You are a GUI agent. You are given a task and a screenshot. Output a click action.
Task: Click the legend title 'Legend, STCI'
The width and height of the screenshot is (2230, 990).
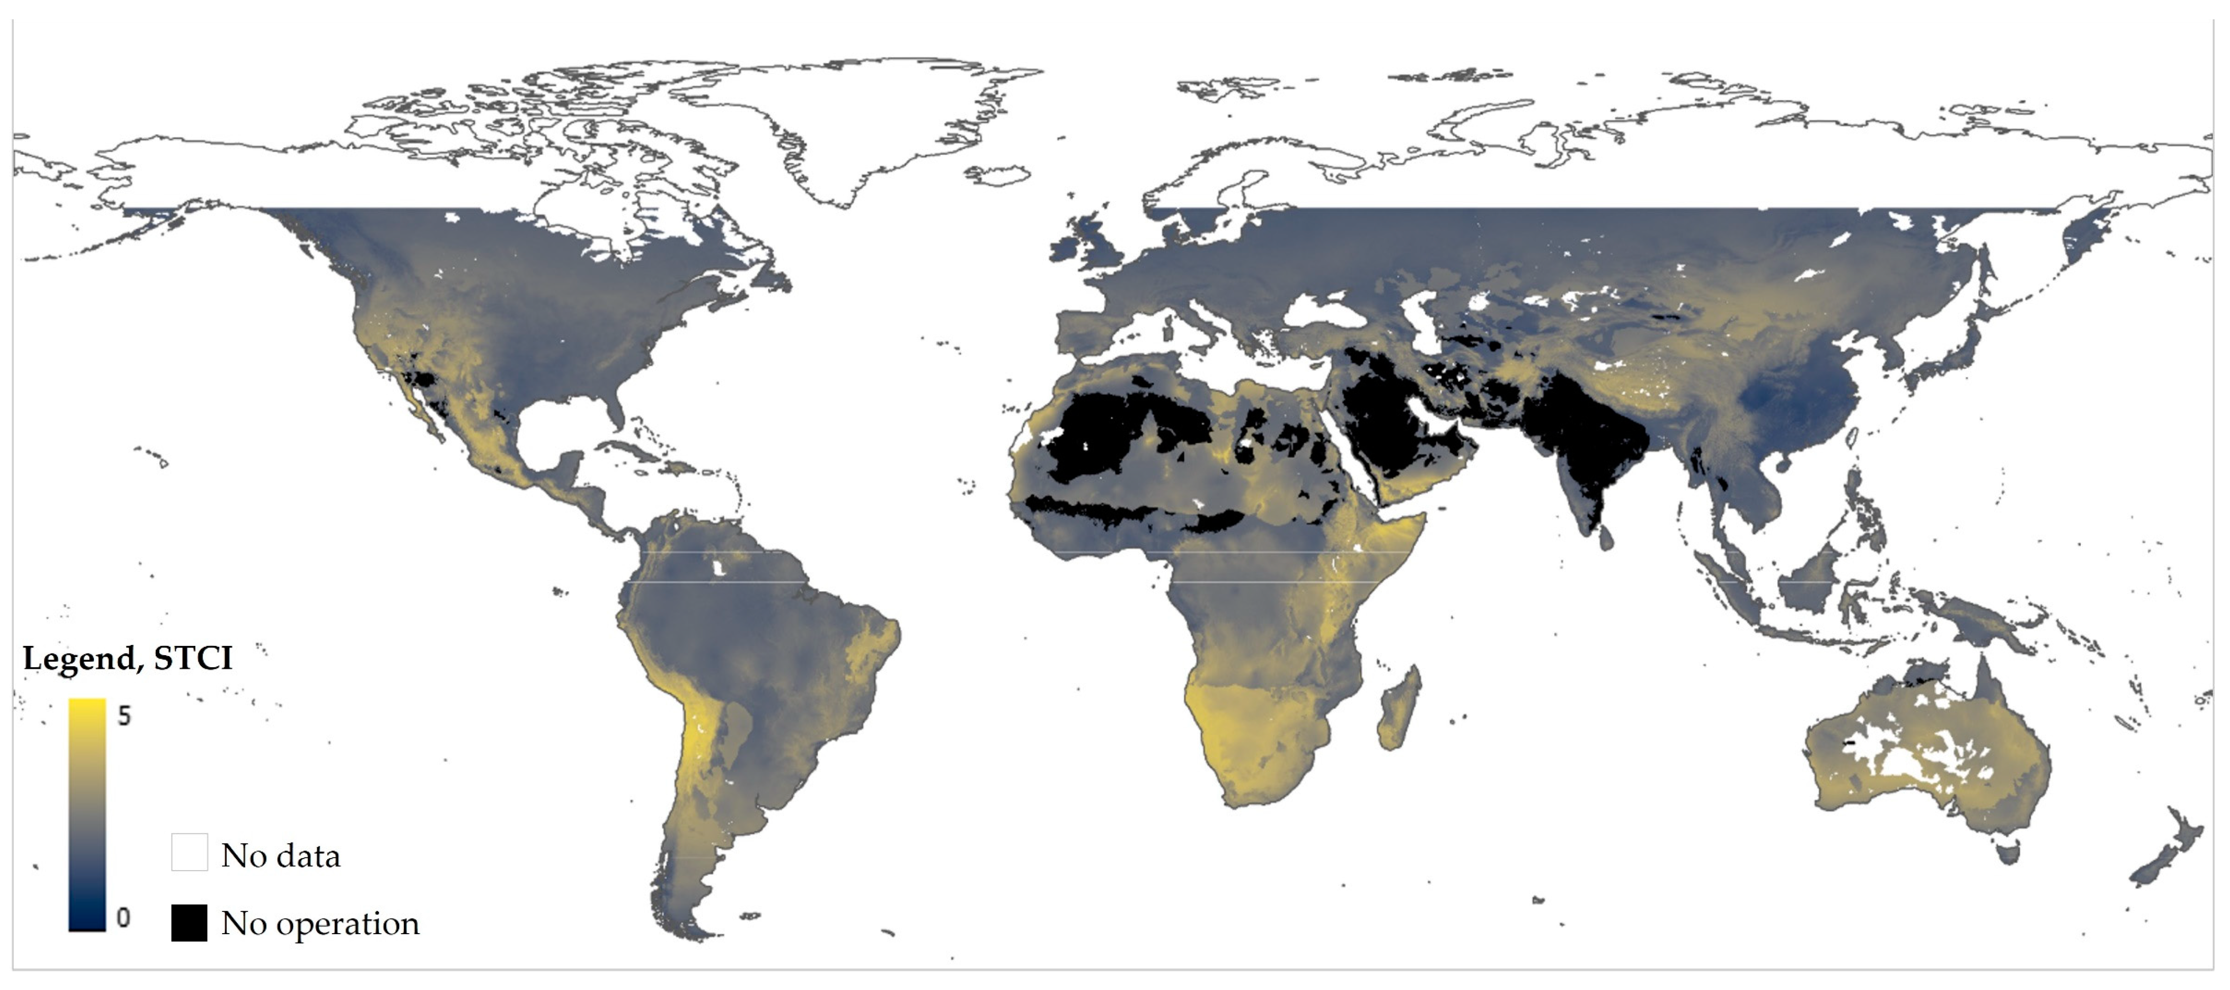[x=128, y=659]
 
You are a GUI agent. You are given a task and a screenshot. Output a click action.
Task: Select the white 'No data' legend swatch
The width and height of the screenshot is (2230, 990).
[x=190, y=851]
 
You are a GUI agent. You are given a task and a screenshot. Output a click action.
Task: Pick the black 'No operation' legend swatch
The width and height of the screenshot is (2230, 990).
[x=190, y=923]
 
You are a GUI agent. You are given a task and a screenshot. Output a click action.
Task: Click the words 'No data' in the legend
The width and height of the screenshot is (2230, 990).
[x=281, y=856]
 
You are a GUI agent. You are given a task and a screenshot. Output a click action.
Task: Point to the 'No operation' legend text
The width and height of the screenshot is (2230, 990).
[x=320, y=924]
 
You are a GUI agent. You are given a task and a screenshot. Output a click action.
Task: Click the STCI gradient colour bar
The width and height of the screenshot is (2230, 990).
[x=87, y=813]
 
